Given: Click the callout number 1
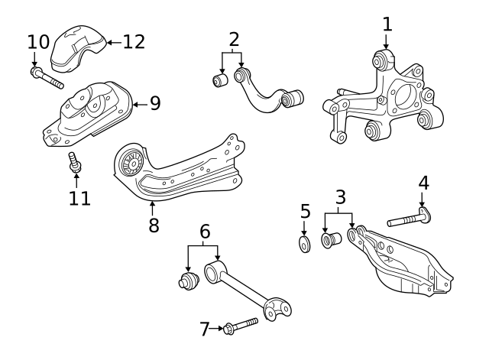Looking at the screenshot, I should [x=387, y=23].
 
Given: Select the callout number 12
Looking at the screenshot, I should [x=133, y=41].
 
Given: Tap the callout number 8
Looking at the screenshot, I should [x=153, y=225].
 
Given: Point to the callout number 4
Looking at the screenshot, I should [x=423, y=183].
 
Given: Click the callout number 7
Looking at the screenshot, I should [x=204, y=329].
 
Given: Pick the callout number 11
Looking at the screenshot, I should [x=79, y=198].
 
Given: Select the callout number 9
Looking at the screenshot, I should [x=155, y=103].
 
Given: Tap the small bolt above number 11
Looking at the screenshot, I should [x=75, y=163].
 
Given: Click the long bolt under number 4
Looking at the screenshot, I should [x=409, y=220].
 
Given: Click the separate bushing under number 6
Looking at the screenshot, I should [x=187, y=279].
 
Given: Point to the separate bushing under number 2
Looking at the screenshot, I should [x=222, y=79].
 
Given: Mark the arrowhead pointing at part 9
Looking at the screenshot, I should [x=136, y=103].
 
